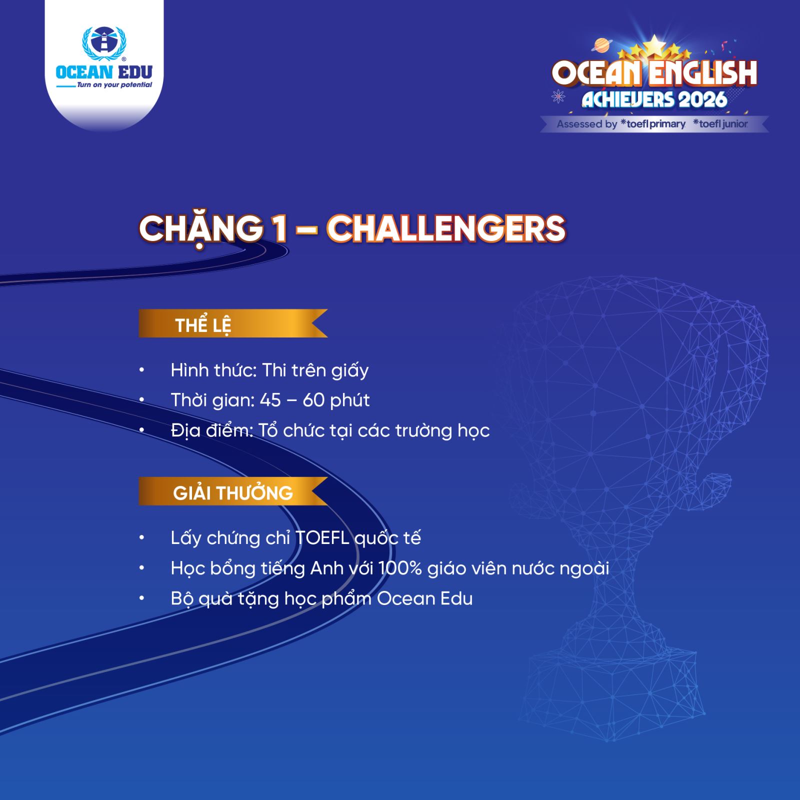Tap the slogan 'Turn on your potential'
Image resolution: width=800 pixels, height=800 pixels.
pyautogui.click(x=114, y=85)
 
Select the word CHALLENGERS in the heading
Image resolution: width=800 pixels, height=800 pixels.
pyautogui.click(x=446, y=229)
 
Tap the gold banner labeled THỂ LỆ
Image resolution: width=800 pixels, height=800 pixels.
pyautogui.click(x=233, y=323)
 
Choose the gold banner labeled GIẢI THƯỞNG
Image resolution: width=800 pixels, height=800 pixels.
pyautogui.click(x=233, y=491)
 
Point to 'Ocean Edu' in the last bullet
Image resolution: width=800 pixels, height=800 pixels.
pyautogui.click(x=424, y=598)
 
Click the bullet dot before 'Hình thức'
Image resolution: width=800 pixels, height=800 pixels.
pyautogui.click(x=142, y=370)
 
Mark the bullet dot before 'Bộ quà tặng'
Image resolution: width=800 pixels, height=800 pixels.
pyautogui.click(x=142, y=598)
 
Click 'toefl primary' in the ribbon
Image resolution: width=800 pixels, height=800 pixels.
pyautogui.click(x=653, y=124)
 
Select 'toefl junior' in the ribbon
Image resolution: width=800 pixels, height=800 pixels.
pyautogui.click(x=720, y=123)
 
